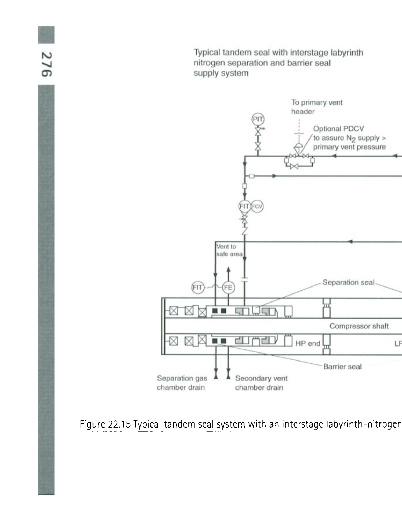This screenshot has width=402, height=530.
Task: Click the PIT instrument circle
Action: coord(258,119)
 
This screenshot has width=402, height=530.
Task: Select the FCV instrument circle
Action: coord(257,207)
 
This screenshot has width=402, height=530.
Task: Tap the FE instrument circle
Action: coord(228,288)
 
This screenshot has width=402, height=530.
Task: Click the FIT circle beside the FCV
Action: coord(245,206)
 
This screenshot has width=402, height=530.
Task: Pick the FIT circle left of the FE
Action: coord(198,288)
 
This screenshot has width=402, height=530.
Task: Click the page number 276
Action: coord(47,64)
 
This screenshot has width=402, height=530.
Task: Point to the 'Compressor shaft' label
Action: coord(359,326)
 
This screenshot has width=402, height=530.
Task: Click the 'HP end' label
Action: coord(308,343)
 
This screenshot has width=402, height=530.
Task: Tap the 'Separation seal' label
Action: coord(348,282)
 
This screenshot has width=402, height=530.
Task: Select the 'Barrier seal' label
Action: coord(342,366)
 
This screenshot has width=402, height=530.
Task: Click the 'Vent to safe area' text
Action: coord(229,250)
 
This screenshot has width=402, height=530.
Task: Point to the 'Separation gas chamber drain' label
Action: coord(182,383)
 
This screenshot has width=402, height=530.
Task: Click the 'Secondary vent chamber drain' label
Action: coord(261,383)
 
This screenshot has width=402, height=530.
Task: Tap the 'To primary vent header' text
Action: coord(317,107)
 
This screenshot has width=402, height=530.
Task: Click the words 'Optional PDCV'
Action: coord(339,129)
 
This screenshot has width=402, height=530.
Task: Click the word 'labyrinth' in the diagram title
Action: coord(347,53)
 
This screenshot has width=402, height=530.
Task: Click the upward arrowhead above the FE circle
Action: coord(228,269)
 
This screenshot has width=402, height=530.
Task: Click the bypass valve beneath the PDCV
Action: coord(294,166)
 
